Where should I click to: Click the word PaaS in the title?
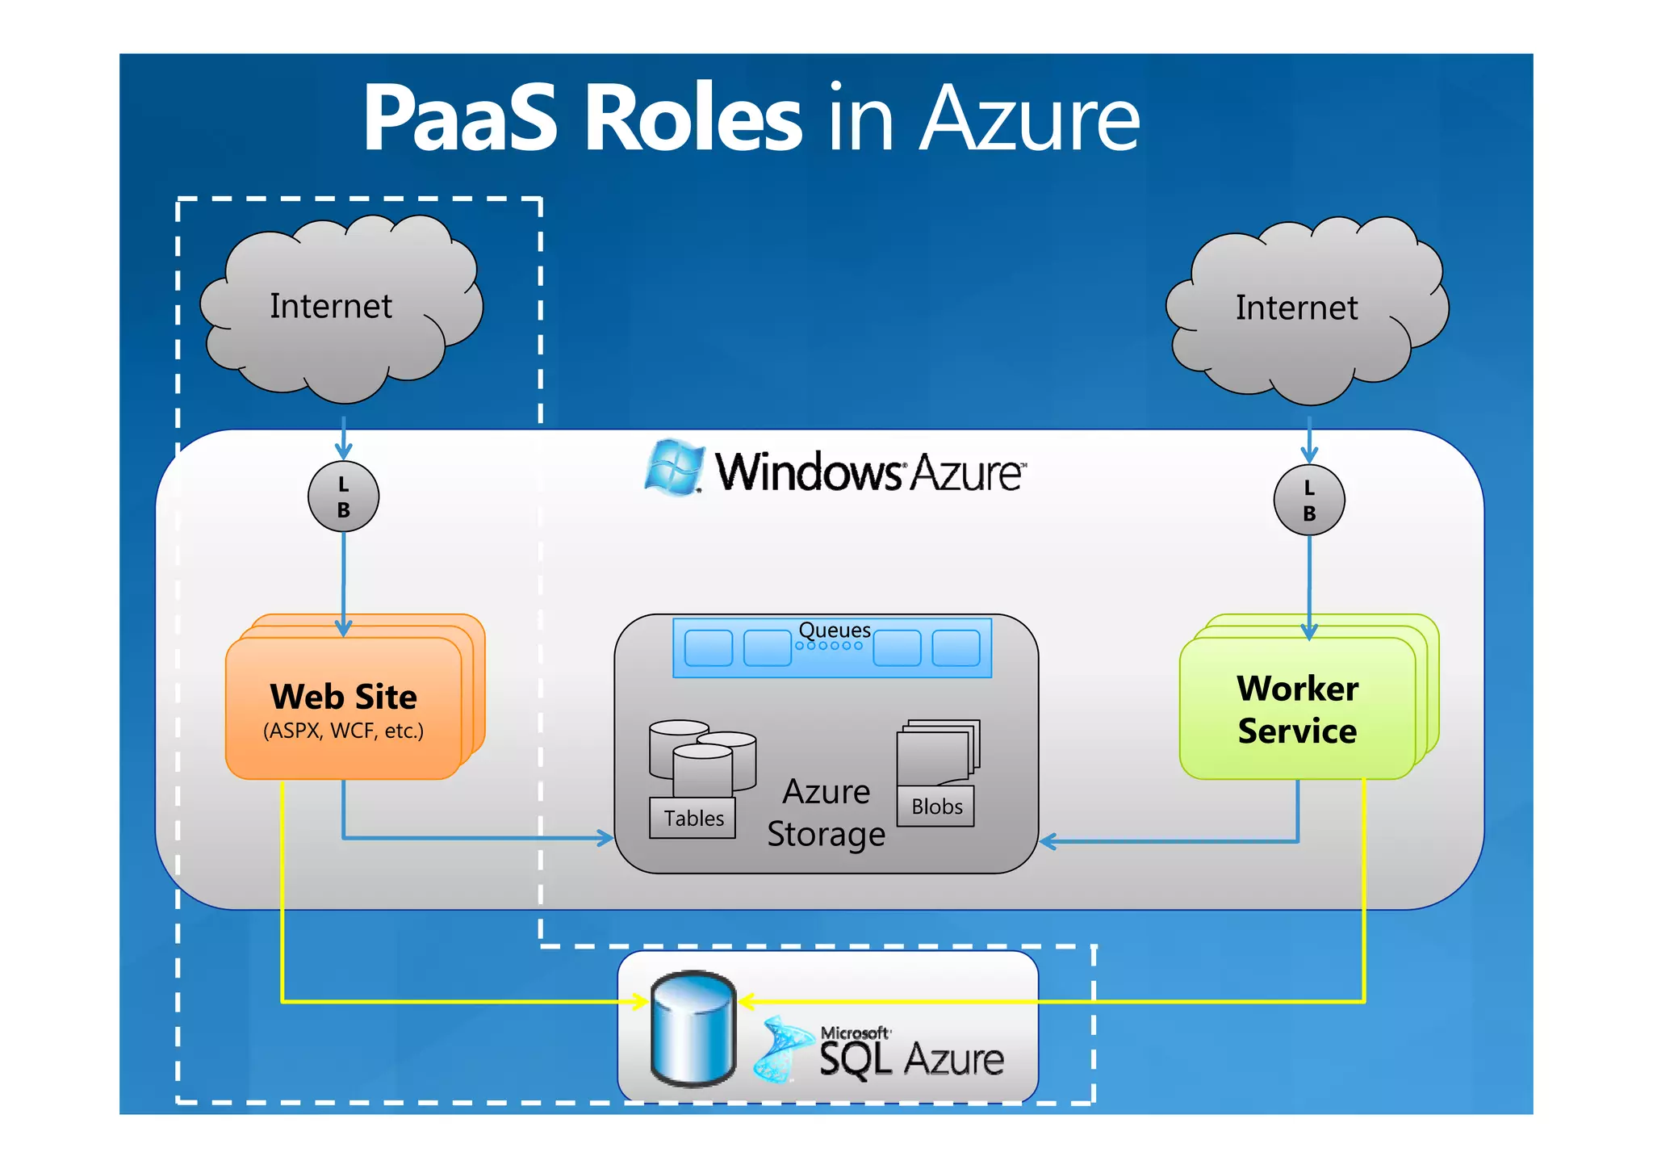[x=460, y=119]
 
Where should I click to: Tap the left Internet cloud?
[x=339, y=311]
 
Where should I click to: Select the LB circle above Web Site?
[x=343, y=497]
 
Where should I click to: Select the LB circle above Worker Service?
[x=1308, y=500]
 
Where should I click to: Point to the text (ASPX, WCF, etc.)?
[x=343, y=731]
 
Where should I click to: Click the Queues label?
[x=834, y=630]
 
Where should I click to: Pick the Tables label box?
[x=693, y=818]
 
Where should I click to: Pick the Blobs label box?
[x=936, y=806]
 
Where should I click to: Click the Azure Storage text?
[x=826, y=813]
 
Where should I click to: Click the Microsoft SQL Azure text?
[x=910, y=1054]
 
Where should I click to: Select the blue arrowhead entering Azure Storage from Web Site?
[x=605, y=838]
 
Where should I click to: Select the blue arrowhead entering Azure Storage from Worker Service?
[x=1048, y=841]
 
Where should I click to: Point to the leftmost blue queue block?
[x=708, y=647]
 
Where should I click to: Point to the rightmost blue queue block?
[x=956, y=647]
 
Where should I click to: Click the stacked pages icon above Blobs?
[x=938, y=751]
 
